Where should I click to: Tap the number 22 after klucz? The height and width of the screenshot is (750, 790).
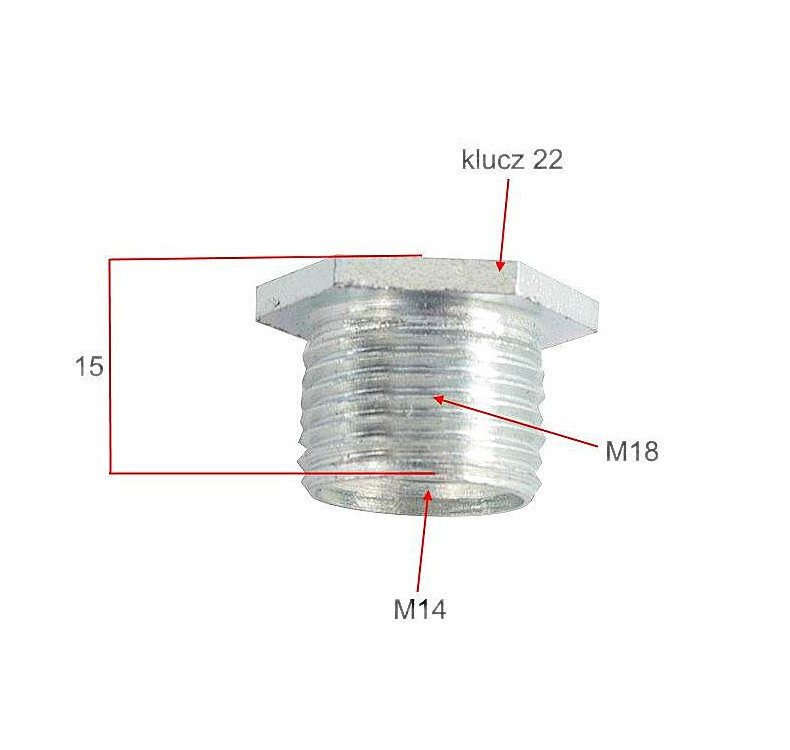pyautogui.click(x=546, y=160)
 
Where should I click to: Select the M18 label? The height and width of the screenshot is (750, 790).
pyautogui.click(x=632, y=451)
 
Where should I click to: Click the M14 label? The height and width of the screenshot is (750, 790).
pyautogui.click(x=419, y=609)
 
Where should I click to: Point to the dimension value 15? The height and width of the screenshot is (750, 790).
pyautogui.click(x=89, y=367)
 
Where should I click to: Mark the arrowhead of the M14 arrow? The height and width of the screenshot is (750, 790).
pyautogui.click(x=427, y=495)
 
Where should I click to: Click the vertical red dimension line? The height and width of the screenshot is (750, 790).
pyautogui.click(x=109, y=366)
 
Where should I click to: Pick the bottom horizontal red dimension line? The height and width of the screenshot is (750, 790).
pyautogui.click(x=270, y=472)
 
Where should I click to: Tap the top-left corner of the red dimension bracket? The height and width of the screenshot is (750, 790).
pyautogui.click(x=109, y=260)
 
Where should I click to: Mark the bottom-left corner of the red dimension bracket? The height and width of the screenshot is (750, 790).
pyautogui.click(x=109, y=472)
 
